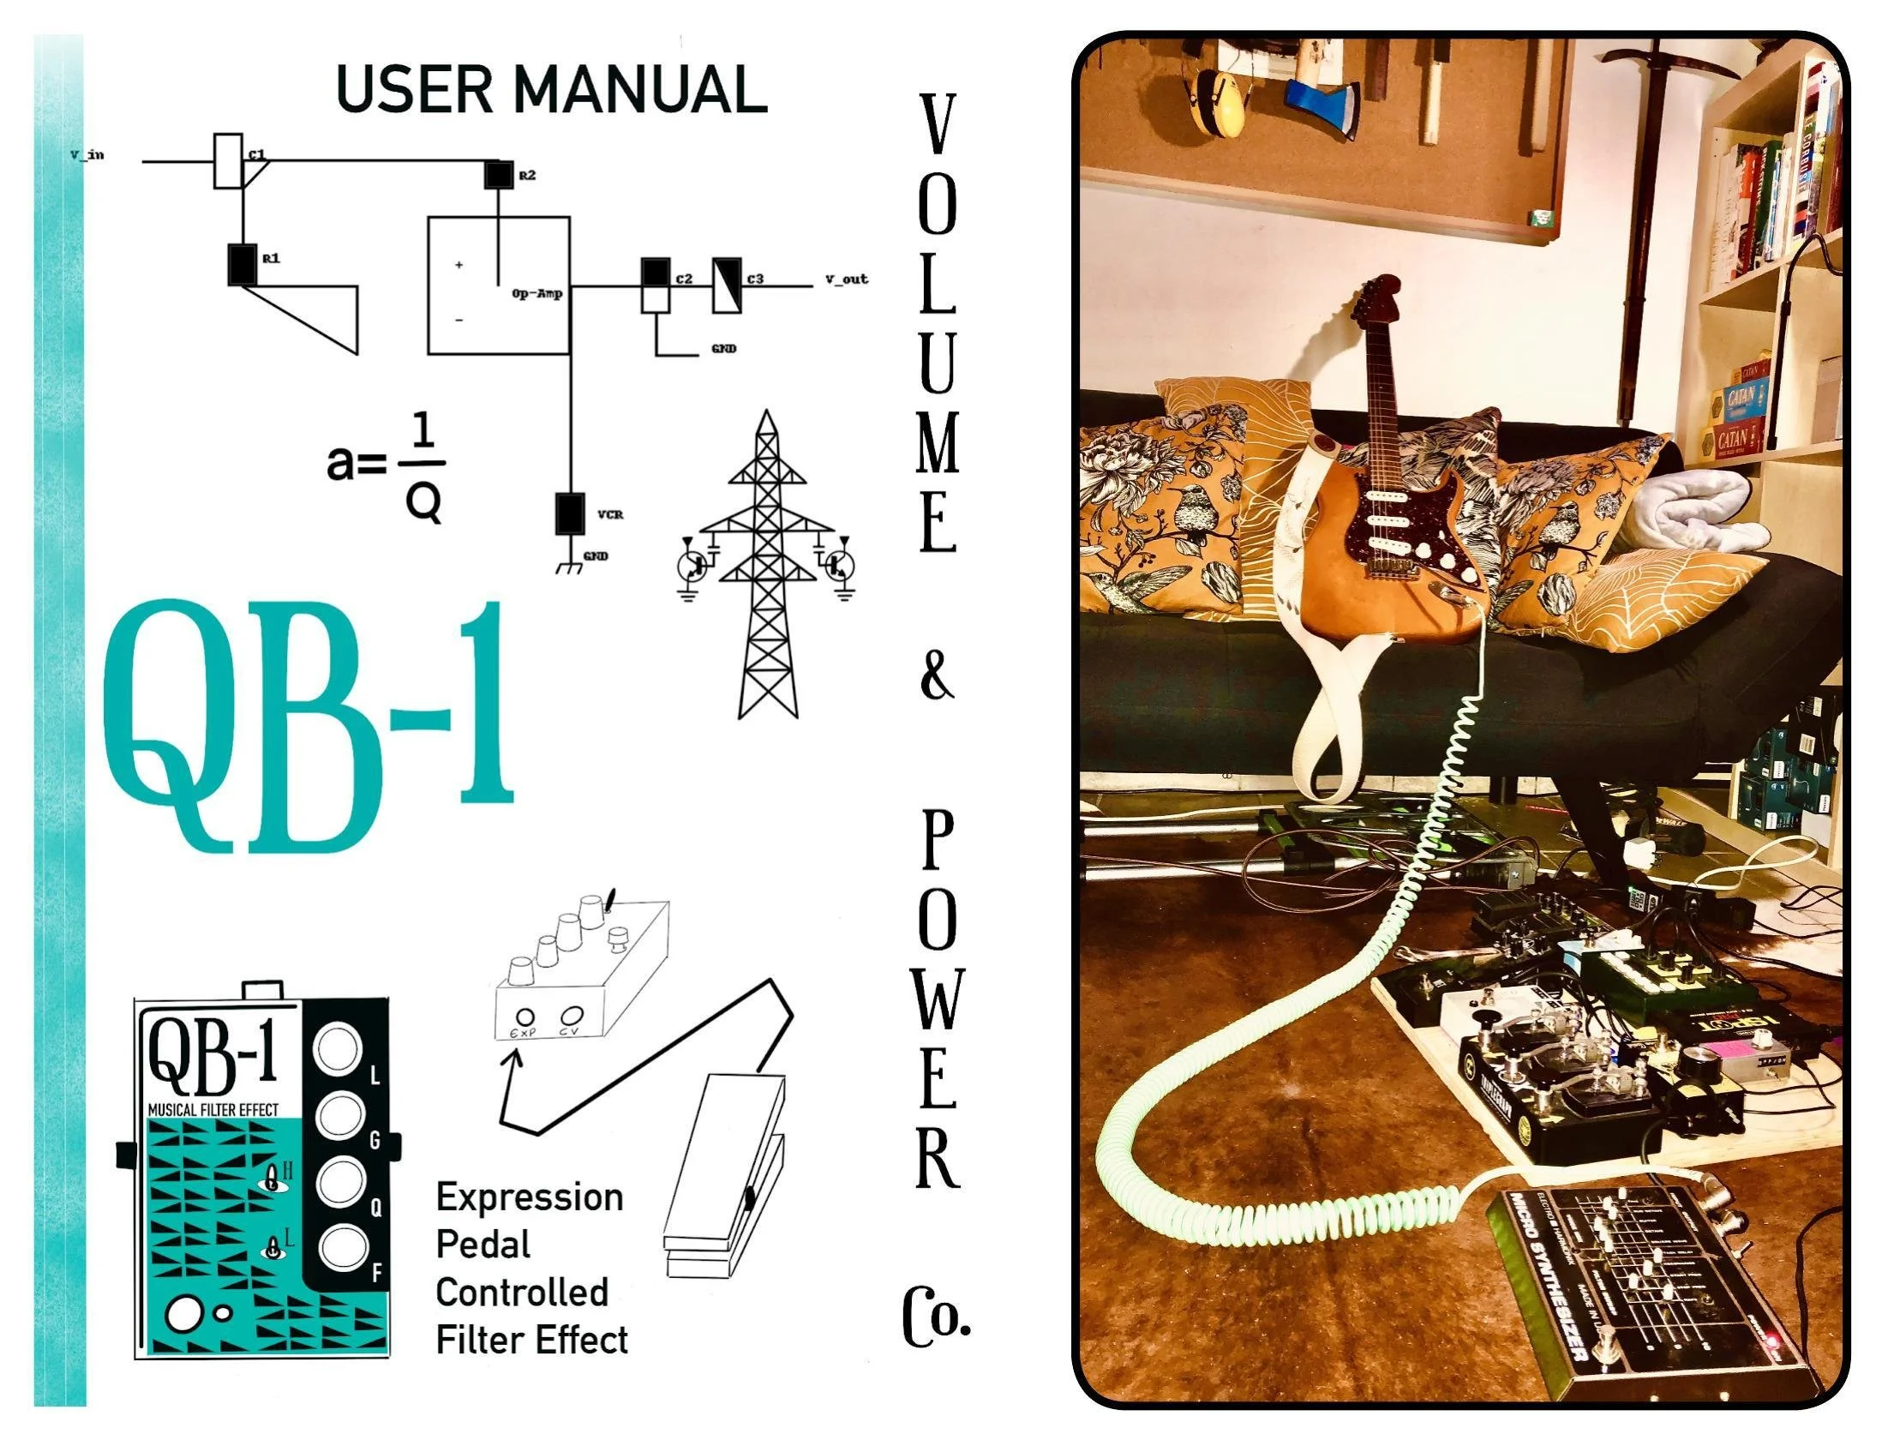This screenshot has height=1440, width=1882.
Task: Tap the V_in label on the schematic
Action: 87,155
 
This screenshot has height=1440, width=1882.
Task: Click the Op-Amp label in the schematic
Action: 536,294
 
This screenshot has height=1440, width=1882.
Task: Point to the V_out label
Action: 846,279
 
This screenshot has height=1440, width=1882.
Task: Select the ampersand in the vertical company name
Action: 936,675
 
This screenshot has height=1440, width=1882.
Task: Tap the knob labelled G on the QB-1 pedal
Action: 339,1117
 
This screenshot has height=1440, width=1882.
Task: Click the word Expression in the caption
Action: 529,1197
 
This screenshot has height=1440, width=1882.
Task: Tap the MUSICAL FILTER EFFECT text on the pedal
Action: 213,1109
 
